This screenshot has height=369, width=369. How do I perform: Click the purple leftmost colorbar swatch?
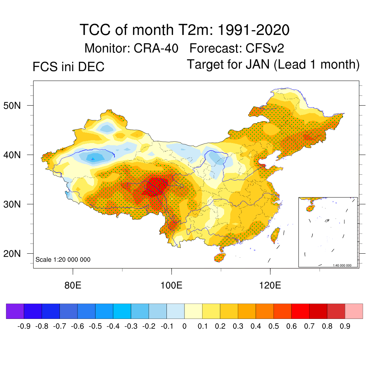(15, 311)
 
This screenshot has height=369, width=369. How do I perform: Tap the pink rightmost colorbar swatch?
(354, 311)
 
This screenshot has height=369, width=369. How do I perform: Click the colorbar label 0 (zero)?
(184, 326)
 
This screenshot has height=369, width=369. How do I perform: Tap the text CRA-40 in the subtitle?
(156, 48)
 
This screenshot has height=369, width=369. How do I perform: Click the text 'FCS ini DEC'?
(68, 67)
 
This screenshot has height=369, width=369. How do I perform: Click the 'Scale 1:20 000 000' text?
(63, 259)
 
